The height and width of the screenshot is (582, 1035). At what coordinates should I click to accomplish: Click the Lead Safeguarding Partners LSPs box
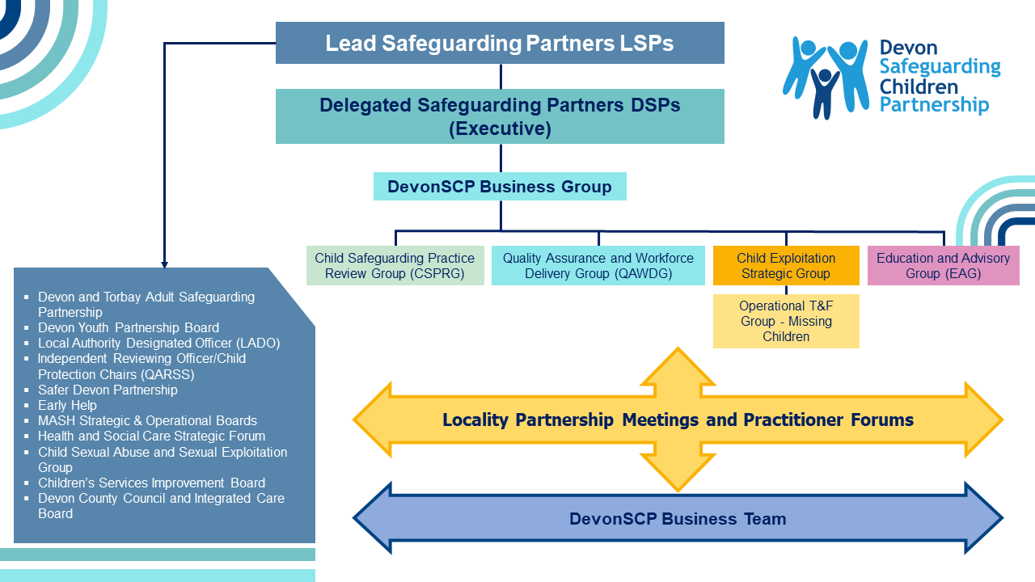point(500,43)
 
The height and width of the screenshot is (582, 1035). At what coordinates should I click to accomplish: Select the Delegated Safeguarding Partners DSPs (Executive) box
point(500,116)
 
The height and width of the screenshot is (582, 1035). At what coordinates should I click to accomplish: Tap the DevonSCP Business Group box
point(500,187)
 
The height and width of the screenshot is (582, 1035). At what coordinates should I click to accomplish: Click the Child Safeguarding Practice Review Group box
point(395,266)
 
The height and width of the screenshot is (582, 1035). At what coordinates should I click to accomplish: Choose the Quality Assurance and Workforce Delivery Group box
point(598,266)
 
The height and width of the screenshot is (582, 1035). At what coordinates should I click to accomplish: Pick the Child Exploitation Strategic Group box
point(785,266)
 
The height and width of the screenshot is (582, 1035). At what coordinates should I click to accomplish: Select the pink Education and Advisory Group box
point(943,266)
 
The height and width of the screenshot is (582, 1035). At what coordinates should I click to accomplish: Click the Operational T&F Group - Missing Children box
point(785,321)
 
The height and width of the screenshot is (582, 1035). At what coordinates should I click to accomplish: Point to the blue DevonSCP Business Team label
point(678,519)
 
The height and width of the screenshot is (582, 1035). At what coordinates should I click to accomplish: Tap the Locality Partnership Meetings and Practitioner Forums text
point(678,420)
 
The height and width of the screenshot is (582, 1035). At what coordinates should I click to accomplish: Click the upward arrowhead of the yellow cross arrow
point(678,364)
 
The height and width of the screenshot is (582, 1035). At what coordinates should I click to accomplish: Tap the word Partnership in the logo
point(934,105)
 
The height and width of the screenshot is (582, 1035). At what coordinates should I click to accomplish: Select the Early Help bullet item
point(67,405)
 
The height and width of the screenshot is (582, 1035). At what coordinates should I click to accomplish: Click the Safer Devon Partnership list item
point(108,390)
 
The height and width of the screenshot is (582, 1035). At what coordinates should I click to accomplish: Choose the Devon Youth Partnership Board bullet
point(129,327)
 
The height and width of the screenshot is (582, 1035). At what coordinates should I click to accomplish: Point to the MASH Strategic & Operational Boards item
point(147,420)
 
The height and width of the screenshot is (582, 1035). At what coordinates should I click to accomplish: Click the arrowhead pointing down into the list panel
point(165,264)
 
